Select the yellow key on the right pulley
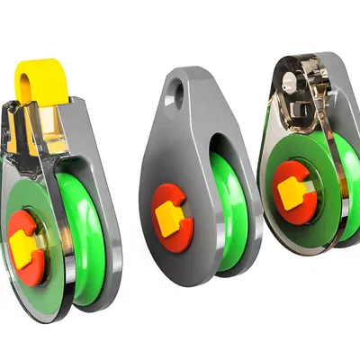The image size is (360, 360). coord(291,192)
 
